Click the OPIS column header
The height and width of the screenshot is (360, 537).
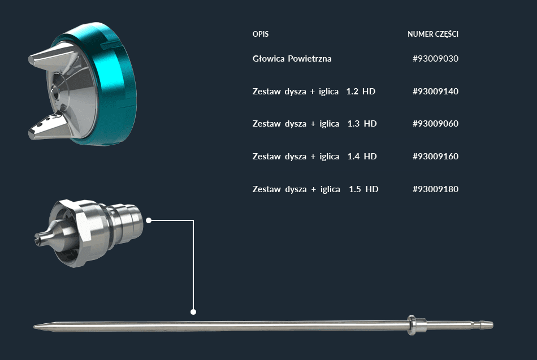260,34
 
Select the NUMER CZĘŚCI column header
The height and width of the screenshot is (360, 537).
433,34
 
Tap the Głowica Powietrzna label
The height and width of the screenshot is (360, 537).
292,59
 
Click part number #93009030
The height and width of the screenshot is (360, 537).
435,59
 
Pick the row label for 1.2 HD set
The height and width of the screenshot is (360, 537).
314,92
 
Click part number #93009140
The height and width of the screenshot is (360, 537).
435,92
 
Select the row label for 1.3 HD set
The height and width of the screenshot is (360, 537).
314,124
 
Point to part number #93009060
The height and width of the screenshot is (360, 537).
435,124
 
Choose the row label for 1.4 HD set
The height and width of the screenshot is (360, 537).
314,157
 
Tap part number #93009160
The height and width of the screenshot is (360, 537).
435,157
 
